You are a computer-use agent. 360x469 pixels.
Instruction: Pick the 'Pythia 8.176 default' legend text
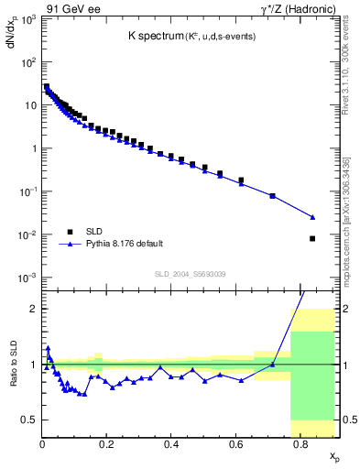(x=125, y=244)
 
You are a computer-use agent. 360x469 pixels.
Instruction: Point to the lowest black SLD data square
(x=312, y=238)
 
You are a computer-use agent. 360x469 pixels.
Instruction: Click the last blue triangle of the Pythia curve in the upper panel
(x=312, y=217)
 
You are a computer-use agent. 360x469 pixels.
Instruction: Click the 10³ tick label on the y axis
(x=29, y=19)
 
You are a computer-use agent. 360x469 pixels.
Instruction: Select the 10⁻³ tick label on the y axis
(x=28, y=278)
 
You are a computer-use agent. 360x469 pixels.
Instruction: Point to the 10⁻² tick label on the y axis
(x=28, y=234)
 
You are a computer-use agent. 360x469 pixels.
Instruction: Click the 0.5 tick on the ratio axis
(x=30, y=420)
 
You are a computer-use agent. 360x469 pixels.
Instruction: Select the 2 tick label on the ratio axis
(x=34, y=309)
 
